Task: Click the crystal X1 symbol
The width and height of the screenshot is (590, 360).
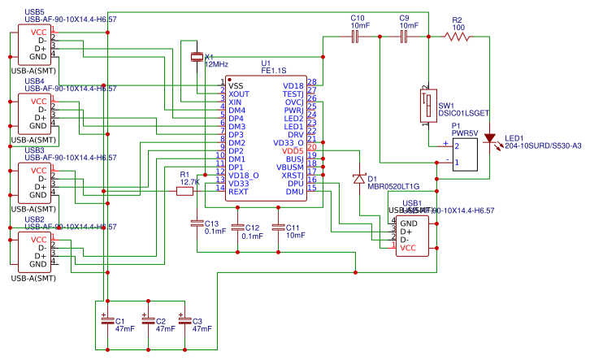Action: (x=195, y=56)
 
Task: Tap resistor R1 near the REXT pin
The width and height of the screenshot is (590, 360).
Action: (x=184, y=191)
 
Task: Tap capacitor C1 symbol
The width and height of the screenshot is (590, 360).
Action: (x=105, y=321)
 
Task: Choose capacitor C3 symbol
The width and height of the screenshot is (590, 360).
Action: (x=185, y=321)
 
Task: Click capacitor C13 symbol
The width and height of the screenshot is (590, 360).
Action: (x=196, y=223)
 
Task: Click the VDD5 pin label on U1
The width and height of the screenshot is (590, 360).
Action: (x=292, y=150)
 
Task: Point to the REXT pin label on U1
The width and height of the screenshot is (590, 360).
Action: (x=238, y=191)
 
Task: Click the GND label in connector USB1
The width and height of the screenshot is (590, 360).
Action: (x=409, y=223)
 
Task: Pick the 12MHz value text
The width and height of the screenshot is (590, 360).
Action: (x=216, y=63)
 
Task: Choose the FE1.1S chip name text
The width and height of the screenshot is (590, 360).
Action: (x=274, y=72)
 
